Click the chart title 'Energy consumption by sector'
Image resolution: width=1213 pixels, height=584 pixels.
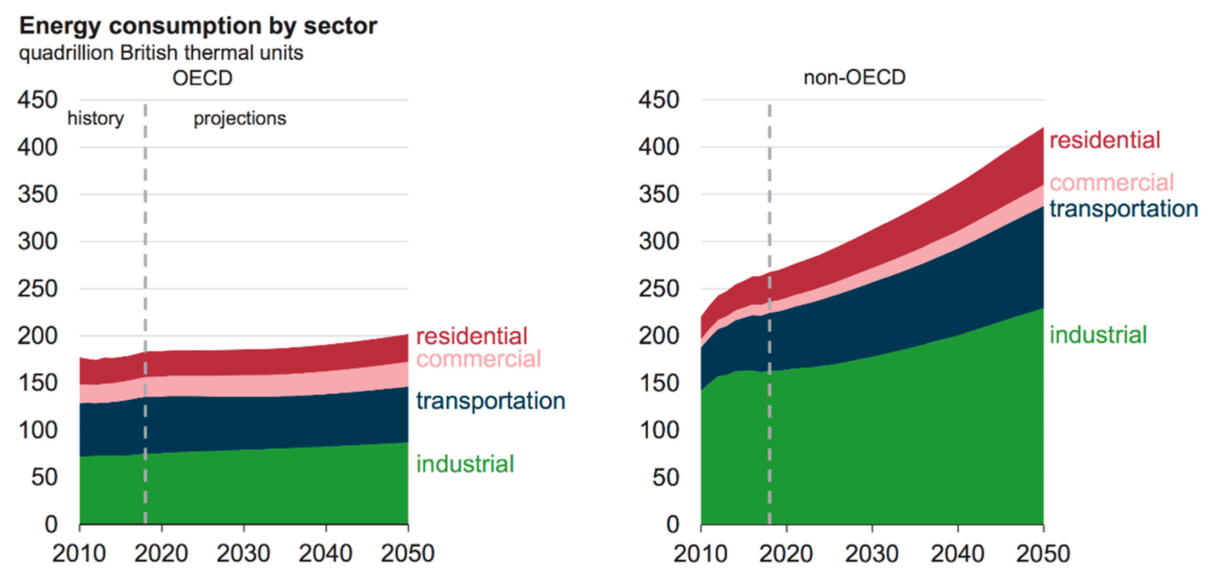(198, 26)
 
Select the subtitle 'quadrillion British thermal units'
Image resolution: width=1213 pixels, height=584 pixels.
(161, 53)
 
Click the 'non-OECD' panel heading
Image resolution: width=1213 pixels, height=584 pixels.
(854, 78)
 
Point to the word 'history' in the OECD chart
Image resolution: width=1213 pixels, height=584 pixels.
(96, 118)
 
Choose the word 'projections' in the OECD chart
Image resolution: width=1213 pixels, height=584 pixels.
(240, 118)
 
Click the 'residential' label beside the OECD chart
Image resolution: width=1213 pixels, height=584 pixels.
(471, 336)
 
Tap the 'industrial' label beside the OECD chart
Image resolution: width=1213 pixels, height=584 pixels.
(465, 464)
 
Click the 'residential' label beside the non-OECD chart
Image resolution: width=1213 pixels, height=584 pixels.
(1105, 140)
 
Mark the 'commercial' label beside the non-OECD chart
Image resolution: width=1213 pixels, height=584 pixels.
(1112, 183)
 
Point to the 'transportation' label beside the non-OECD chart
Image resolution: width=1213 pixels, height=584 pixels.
(1124, 209)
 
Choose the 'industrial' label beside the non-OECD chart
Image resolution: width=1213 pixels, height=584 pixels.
(1098, 335)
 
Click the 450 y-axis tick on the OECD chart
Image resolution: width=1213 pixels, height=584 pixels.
(38, 100)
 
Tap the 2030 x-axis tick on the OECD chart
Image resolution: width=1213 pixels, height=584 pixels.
(243, 553)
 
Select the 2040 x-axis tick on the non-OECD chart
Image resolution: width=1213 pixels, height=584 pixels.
(957, 553)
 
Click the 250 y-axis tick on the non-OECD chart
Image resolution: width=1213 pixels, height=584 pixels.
(659, 289)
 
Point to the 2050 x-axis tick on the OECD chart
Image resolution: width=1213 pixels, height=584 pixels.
(408, 553)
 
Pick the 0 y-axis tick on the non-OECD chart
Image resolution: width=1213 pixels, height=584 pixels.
(673, 524)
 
